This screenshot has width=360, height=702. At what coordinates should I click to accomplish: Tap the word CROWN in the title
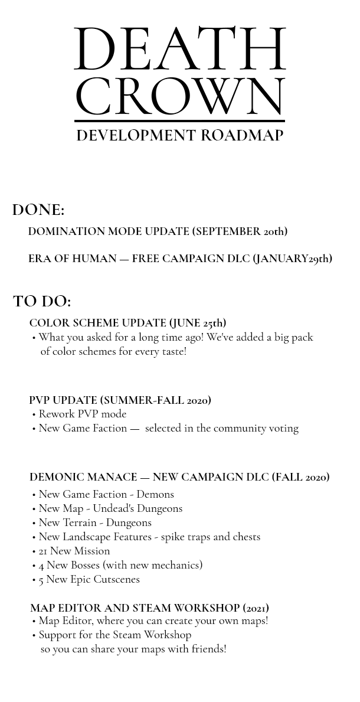179,97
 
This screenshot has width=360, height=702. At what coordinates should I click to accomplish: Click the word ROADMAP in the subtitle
242,136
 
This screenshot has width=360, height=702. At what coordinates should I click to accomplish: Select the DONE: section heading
38,210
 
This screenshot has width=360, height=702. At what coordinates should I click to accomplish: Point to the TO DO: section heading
42,302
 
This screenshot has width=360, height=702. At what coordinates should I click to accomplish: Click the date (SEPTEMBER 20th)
240,231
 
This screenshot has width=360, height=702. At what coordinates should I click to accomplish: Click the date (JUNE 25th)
197,323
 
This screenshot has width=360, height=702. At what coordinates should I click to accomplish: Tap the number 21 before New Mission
41,551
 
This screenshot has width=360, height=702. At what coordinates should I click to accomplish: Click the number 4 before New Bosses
41,565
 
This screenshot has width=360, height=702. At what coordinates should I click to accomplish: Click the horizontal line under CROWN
179,121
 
